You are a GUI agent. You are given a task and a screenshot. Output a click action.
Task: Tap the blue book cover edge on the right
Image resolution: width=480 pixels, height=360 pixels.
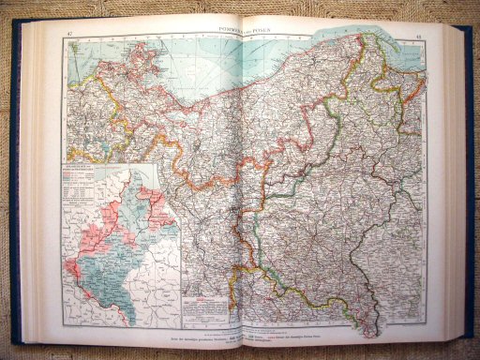tap(470, 187)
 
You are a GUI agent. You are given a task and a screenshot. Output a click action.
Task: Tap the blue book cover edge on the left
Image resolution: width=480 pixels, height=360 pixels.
tap(14, 187)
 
